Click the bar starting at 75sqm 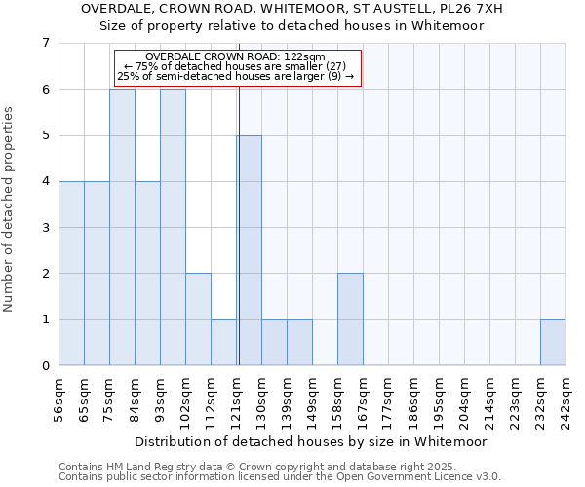[122, 227]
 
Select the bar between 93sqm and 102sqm [173, 227]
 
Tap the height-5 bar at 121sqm [249, 250]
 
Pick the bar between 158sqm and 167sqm [350, 319]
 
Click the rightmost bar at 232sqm [553, 342]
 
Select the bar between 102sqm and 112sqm [198, 319]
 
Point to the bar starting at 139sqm [299, 342]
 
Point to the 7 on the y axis [45, 43]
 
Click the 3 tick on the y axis [45, 228]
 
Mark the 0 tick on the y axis [45, 366]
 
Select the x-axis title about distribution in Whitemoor [310, 441]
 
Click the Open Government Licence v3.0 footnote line [280, 477]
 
